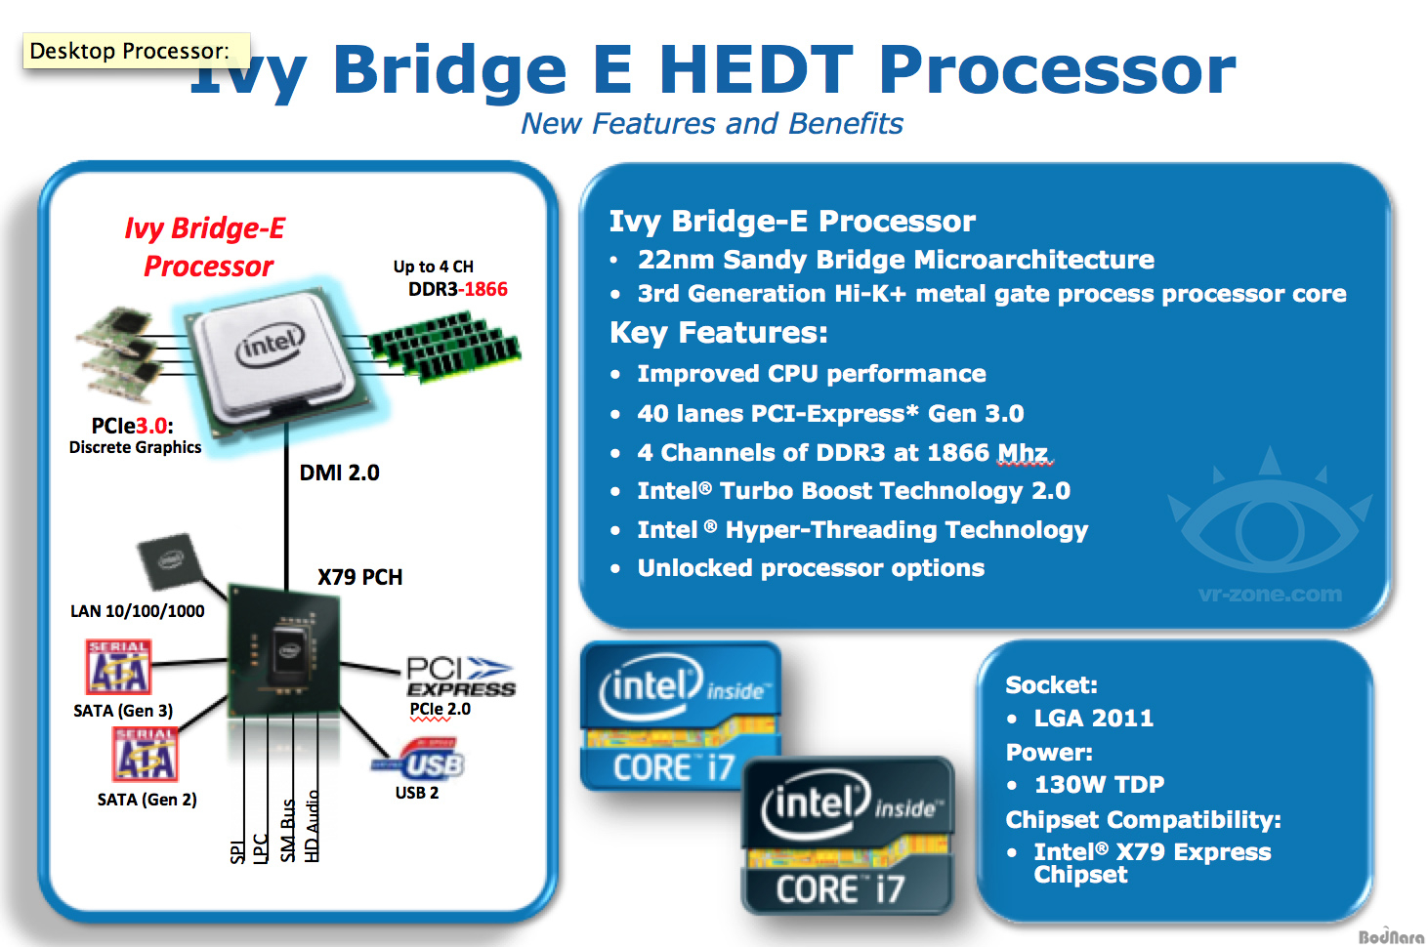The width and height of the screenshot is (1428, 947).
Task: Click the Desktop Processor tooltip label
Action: [137, 51]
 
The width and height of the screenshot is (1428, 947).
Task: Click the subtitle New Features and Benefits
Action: [711, 123]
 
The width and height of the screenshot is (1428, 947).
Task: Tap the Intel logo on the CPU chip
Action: [271, 345]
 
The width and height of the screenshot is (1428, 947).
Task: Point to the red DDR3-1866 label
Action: [458, 289]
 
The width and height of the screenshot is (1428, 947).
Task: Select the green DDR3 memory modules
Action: [445, 347]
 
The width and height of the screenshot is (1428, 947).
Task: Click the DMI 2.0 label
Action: [339, 473]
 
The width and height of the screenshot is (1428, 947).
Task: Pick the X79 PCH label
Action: [360, 577]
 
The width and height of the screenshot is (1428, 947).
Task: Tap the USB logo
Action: [419, 760]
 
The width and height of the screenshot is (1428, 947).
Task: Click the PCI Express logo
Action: [461, 677]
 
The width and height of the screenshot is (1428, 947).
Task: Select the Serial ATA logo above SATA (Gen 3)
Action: [118, 667]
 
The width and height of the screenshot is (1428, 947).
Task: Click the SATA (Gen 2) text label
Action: [147, 800]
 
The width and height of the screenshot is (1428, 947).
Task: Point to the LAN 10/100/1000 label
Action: [137, 611]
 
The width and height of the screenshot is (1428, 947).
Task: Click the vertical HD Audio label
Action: [312, 827]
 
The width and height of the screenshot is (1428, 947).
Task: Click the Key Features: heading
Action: [719, 332]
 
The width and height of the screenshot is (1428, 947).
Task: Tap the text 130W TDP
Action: [1099, 785]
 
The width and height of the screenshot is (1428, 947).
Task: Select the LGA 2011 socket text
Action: [1094, 719]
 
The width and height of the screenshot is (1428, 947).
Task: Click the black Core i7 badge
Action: [848, 836]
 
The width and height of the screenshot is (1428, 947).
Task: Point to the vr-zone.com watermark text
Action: [1270, 594]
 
